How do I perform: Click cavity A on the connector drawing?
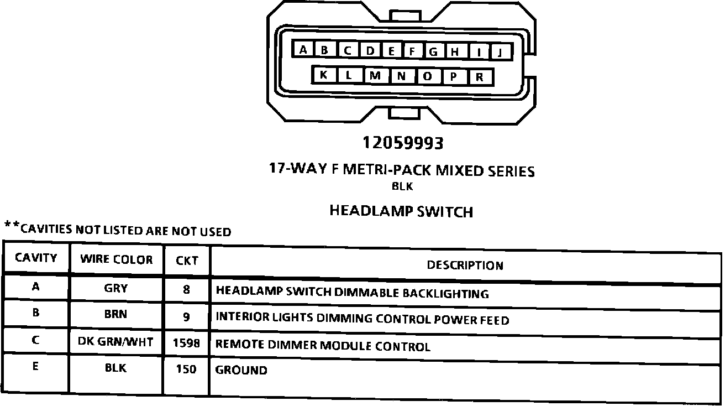tap(303, 50)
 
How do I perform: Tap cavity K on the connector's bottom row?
tap(323, 75)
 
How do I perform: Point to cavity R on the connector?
tap(480, 77)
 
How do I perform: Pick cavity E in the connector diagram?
tap(392, 51)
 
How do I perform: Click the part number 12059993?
tap(403, 143)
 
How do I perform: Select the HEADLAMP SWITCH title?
tap(401, 211)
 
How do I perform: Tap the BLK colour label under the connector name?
tap(402, 186)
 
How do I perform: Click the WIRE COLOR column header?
tap(117, 259)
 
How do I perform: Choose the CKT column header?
tap(187, 261)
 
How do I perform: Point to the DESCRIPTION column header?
tap(465, 266)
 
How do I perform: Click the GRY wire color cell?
tap(116, 288)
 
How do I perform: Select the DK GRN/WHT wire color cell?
tap(115, 342)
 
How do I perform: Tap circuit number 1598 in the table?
tap(186, 343)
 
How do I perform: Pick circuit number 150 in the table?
tap(186, 369)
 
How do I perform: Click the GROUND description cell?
tap(241, 370)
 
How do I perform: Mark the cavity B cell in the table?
tap(36, 313)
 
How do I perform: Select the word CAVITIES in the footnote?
tap(46, 229)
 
